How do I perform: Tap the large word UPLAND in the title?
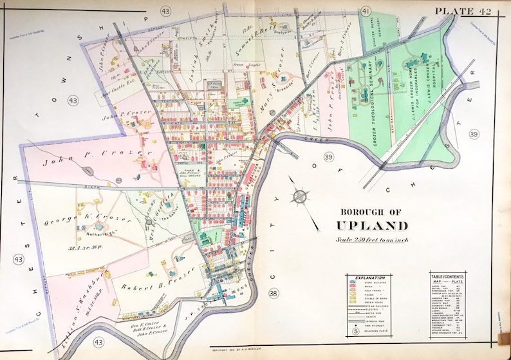click(371, 225)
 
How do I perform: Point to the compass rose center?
click(300, 195)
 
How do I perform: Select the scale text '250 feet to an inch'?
click(371, 240)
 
